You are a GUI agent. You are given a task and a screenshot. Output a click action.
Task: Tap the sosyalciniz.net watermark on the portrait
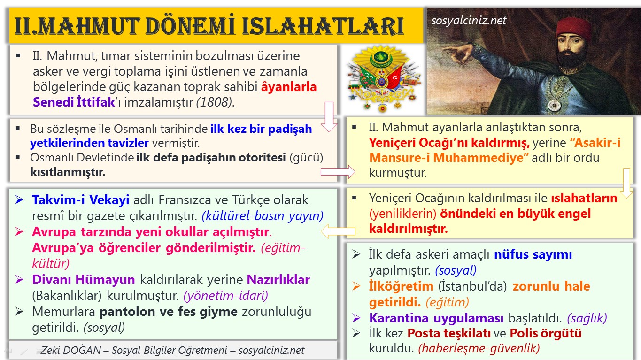469,21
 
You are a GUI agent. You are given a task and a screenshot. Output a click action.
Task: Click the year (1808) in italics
214,102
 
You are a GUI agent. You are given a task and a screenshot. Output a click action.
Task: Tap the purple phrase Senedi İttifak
74,102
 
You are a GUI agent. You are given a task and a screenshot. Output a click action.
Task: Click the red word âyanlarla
289,87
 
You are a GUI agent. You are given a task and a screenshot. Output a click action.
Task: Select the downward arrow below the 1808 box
329,117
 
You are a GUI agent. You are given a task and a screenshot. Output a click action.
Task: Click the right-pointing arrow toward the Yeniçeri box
338,172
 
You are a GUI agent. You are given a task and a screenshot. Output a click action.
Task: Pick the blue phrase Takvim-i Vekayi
80,199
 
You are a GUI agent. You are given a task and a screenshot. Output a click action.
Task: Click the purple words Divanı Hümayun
83,279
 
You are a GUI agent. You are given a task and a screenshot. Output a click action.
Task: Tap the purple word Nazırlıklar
278,279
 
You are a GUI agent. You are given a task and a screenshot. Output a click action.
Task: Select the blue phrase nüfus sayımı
533,254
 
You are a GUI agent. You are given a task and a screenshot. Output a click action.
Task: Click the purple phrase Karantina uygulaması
436,318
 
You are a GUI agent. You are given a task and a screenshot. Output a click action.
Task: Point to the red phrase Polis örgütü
545,333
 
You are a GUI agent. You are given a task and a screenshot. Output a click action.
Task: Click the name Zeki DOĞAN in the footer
71,350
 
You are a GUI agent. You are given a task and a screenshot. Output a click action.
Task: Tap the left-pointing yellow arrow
338,231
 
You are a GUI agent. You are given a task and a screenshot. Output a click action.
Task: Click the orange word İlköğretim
401,286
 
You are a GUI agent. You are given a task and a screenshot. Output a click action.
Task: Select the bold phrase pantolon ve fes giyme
169,312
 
